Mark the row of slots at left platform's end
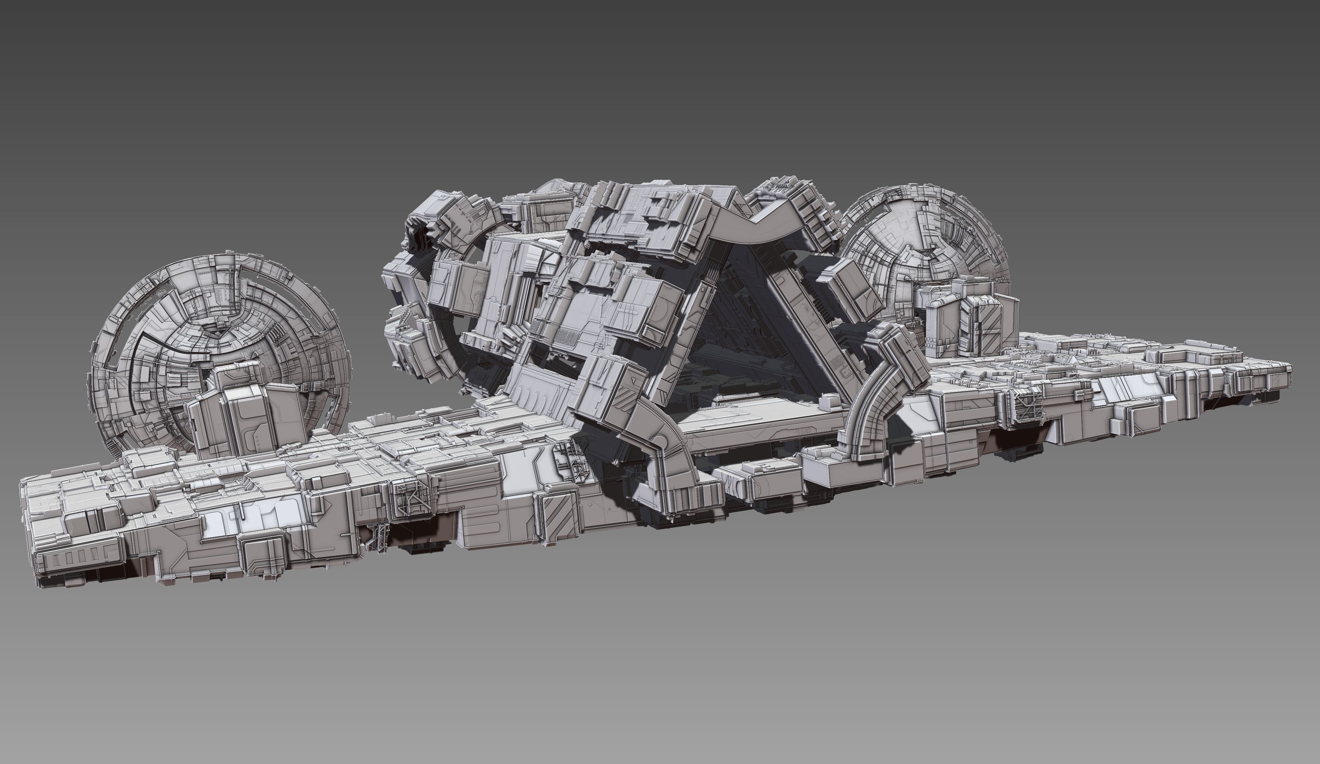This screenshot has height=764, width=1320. pos(79,555)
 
